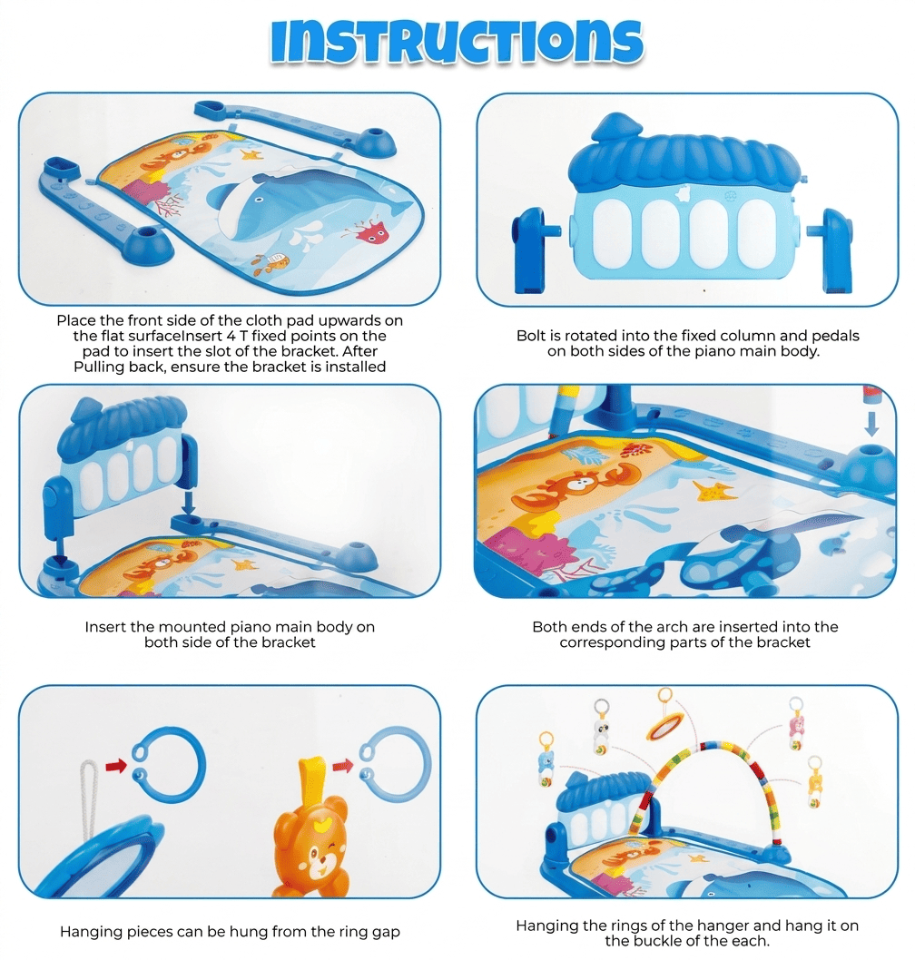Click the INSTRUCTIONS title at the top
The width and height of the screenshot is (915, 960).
coord(457,43)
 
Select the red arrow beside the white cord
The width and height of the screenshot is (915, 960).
coord(116,765)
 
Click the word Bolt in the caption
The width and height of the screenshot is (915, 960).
coord(530,336)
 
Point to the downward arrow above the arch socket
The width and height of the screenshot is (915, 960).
coord(871,423)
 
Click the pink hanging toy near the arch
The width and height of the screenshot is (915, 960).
coord(795,725)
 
